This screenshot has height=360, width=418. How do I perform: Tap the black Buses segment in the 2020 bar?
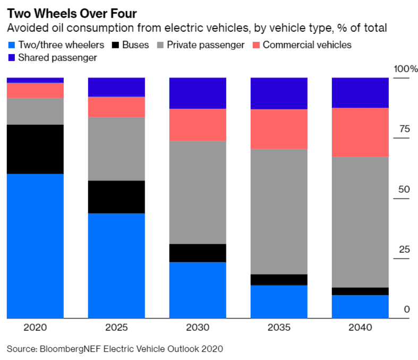(35, 149)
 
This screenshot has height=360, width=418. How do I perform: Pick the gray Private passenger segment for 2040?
(360, 222)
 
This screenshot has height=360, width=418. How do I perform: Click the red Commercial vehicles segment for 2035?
(279, 129)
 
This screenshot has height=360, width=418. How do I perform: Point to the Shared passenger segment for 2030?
(198, 93)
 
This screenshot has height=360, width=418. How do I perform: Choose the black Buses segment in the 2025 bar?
(116, 197)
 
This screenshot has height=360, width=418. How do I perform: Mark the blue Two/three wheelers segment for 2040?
(360, 306)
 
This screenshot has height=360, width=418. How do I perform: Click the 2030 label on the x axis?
(198, 328)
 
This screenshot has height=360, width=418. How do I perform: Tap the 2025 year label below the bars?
(116, 328)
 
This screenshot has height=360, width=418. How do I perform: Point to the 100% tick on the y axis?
(406, 69)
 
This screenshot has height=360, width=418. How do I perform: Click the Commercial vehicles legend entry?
(307, 45)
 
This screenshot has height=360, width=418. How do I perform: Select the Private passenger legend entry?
(206, 45)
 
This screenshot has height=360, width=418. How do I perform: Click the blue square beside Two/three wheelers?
(11, 45)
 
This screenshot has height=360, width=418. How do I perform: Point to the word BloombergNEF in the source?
(64, 349)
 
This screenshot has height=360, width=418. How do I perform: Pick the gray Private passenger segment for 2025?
(116, 149)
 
